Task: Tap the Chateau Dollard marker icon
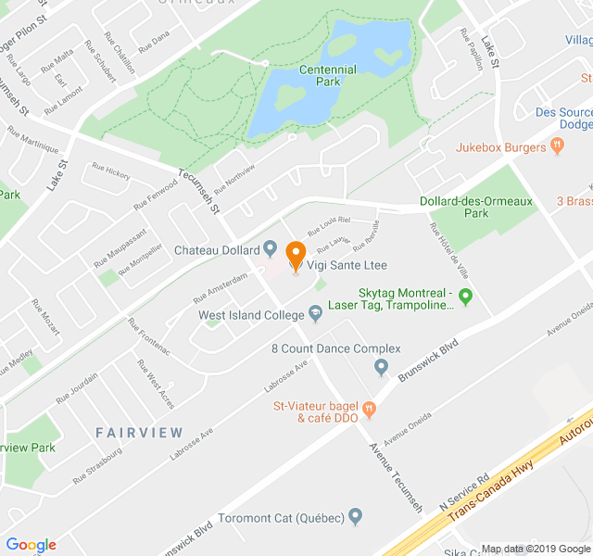click(x=271, y=248)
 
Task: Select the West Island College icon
click(x=315, y=315)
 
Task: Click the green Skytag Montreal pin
click(x=466, y=297)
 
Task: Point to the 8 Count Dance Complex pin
click(x=381, y=367)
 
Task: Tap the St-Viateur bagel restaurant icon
click(x=369, y=408)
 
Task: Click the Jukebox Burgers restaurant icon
click(x=557, y=145)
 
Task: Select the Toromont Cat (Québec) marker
click(x=356, y=516)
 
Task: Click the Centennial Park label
click(x=327, y=75)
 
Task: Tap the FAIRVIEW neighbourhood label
click(x=139, y=433)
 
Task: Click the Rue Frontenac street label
click(x=149, y=336)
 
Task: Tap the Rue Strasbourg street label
click(x=97, y=465)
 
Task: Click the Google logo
click(x=31, y=545)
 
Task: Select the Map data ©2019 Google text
click(x=535, y=549)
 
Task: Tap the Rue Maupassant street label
click(x=120, y=248)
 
